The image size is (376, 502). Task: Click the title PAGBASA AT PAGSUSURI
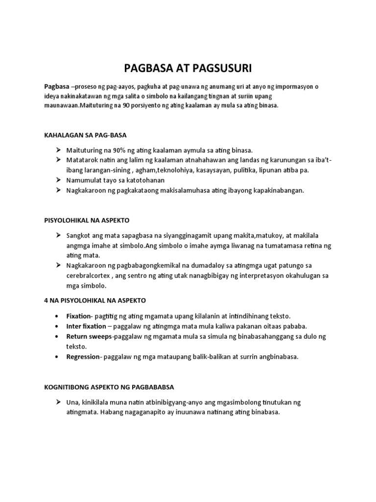188,68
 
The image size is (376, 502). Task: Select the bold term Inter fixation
86,326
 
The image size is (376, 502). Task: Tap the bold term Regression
82,357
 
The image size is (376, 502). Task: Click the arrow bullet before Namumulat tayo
58,180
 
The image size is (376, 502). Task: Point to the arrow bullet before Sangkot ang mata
58,236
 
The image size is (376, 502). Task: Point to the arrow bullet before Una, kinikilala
58,402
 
